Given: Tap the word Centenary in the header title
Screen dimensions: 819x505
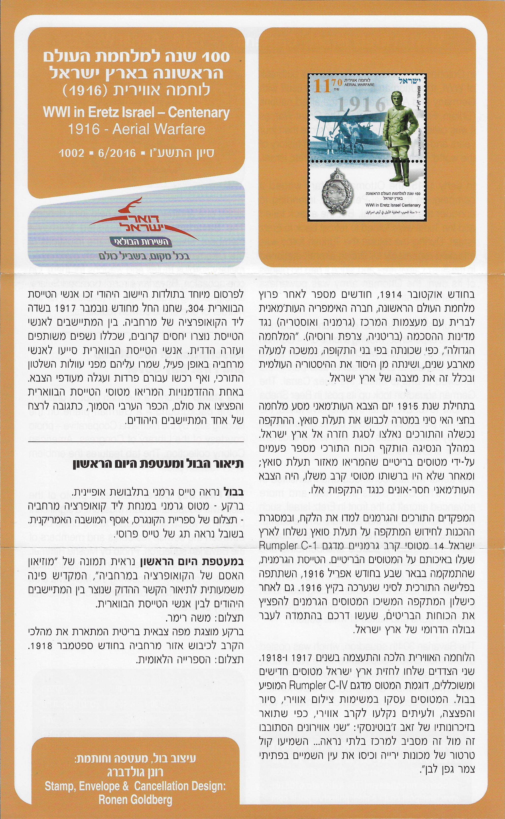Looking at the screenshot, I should (x=198, y=112).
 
